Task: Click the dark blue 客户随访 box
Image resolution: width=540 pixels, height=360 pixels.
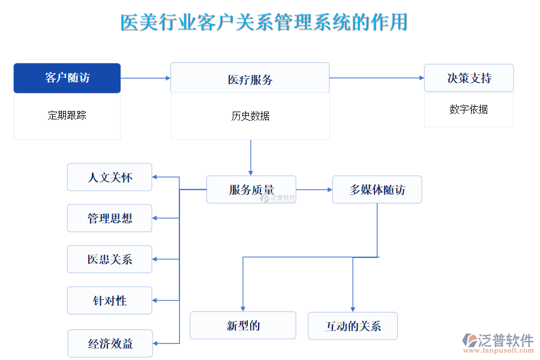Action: pyautogui.click(x=67, y=78)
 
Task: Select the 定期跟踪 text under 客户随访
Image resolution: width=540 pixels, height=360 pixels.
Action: pyautogui.click(x=67, y=115)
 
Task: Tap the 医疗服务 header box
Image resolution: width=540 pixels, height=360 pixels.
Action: pyautogui.click(x=250, y=79)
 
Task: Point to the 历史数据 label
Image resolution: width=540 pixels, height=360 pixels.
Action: pyautogui.click(x=250, y=116)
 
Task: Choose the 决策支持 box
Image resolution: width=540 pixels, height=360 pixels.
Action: pyautogui.click(x=469, y=78)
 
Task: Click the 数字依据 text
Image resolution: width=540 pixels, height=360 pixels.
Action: pyautogui.click(x=469, y=110)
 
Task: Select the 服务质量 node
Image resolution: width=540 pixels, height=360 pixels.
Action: pyautogui.click(x=251, y=190)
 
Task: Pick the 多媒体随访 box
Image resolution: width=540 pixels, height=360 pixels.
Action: pyautogui.click(x=377, y=190)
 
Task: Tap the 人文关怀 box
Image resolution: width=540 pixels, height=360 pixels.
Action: pyautogui.click(x=109, y=178)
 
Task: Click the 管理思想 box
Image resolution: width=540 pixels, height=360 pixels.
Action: pyautogui.click(x=109, y=218)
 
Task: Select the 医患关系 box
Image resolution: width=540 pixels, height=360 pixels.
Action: pyautogui.click(x=109, y=259)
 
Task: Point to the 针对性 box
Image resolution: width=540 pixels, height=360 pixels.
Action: pyautogui.click(x=109, y=301)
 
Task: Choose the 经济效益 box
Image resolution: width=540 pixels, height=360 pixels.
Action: pyautogui.click(x=110, y=344)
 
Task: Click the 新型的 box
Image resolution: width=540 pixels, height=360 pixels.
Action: pyautogui.click(x=242, y=326)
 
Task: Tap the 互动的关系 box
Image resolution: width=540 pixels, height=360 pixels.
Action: pyautogui.click(x=353, y=326)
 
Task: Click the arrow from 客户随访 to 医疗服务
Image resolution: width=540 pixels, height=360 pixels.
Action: pyautogui.click(x=145, y=78)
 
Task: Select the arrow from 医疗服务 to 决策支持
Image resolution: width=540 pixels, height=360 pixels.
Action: pyautogui.click(x=376, y=77)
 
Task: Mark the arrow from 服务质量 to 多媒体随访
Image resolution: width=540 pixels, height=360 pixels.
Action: pyautogui.click(x=314, y=190)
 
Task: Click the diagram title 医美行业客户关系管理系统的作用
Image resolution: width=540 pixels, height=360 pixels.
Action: pyautogui.click(x=264, y=22)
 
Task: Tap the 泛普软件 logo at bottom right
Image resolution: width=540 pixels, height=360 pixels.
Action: pyautogui.click(x=497, y=343)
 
